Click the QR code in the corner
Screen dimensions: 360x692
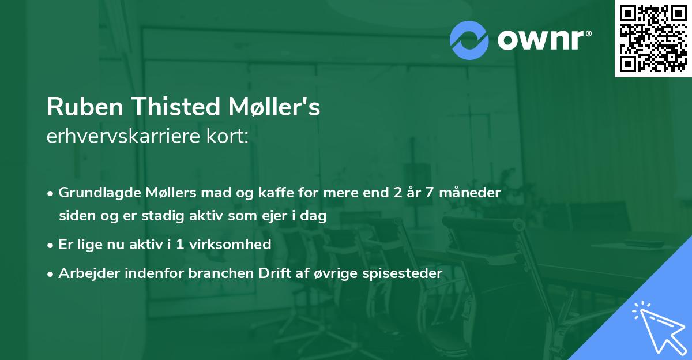point(653,39)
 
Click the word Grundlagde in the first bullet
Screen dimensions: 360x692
point(95,192)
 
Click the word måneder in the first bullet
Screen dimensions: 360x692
point(469,192)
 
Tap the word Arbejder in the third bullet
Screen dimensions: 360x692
point(85,273)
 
